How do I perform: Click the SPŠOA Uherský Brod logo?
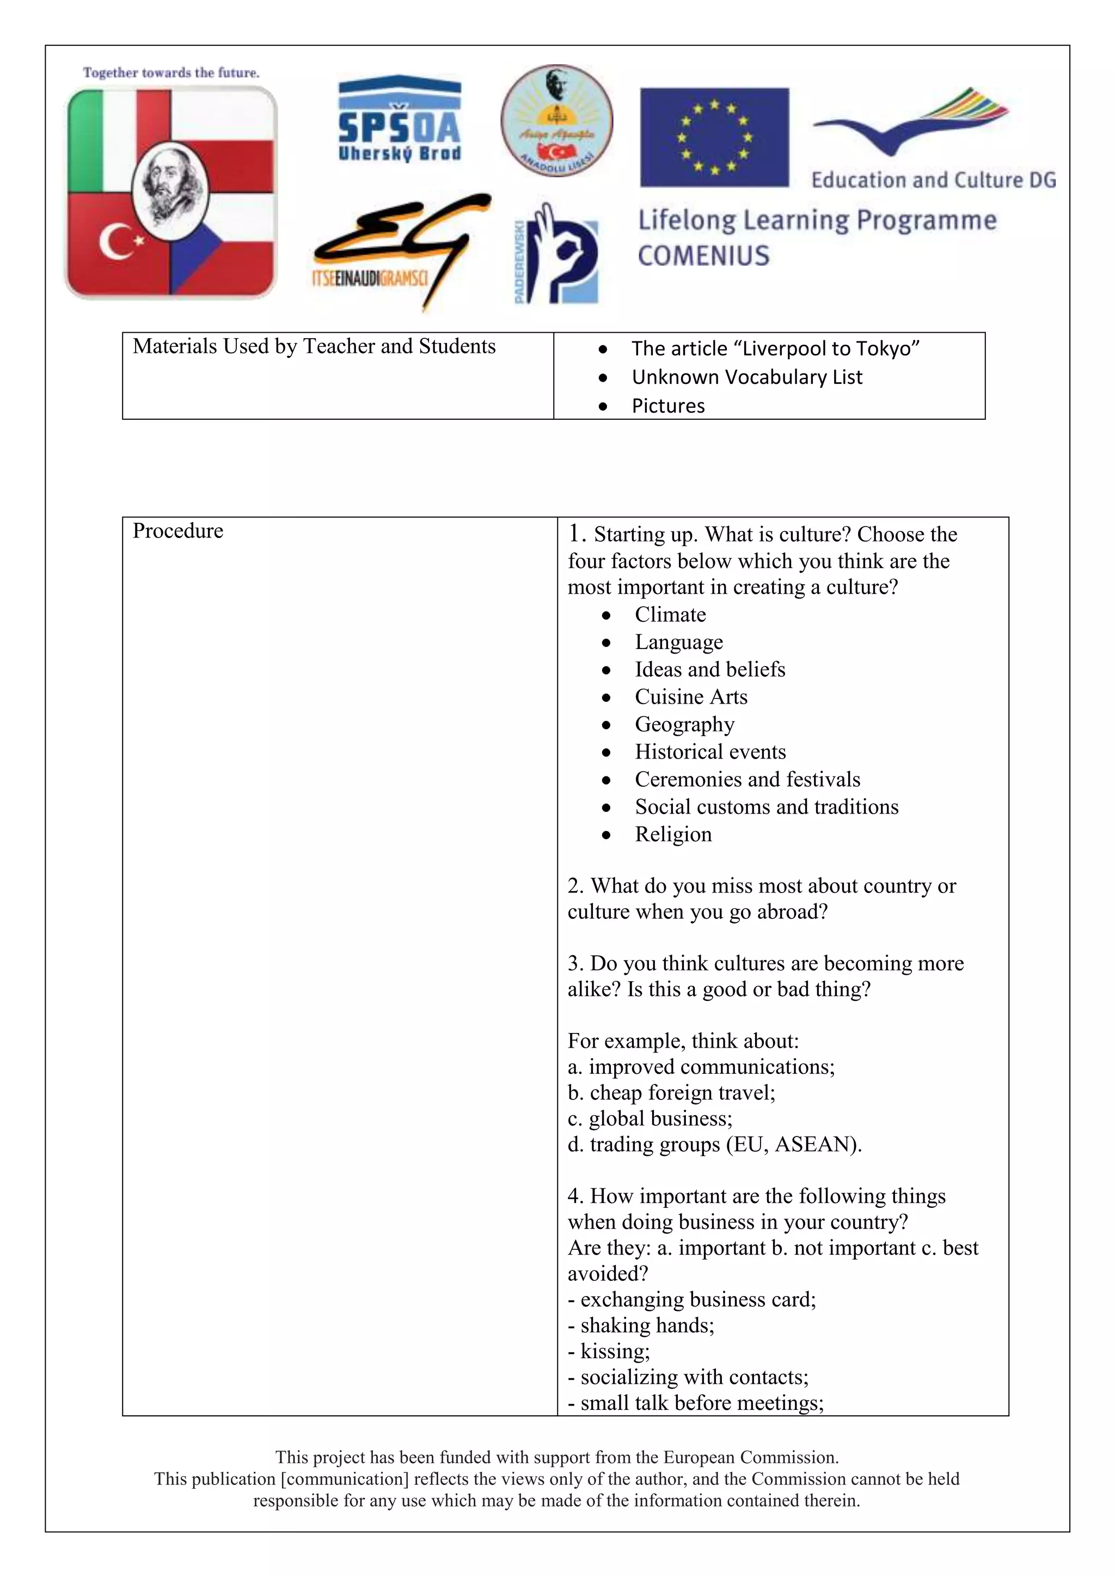pos(399,120)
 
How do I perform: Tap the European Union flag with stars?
pos(714,137)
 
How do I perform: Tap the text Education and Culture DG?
pos(933,180)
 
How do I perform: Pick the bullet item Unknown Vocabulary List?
pos(746,377)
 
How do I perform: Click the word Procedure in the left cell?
pos(178,531)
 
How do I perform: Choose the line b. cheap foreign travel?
pos(671,1093)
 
